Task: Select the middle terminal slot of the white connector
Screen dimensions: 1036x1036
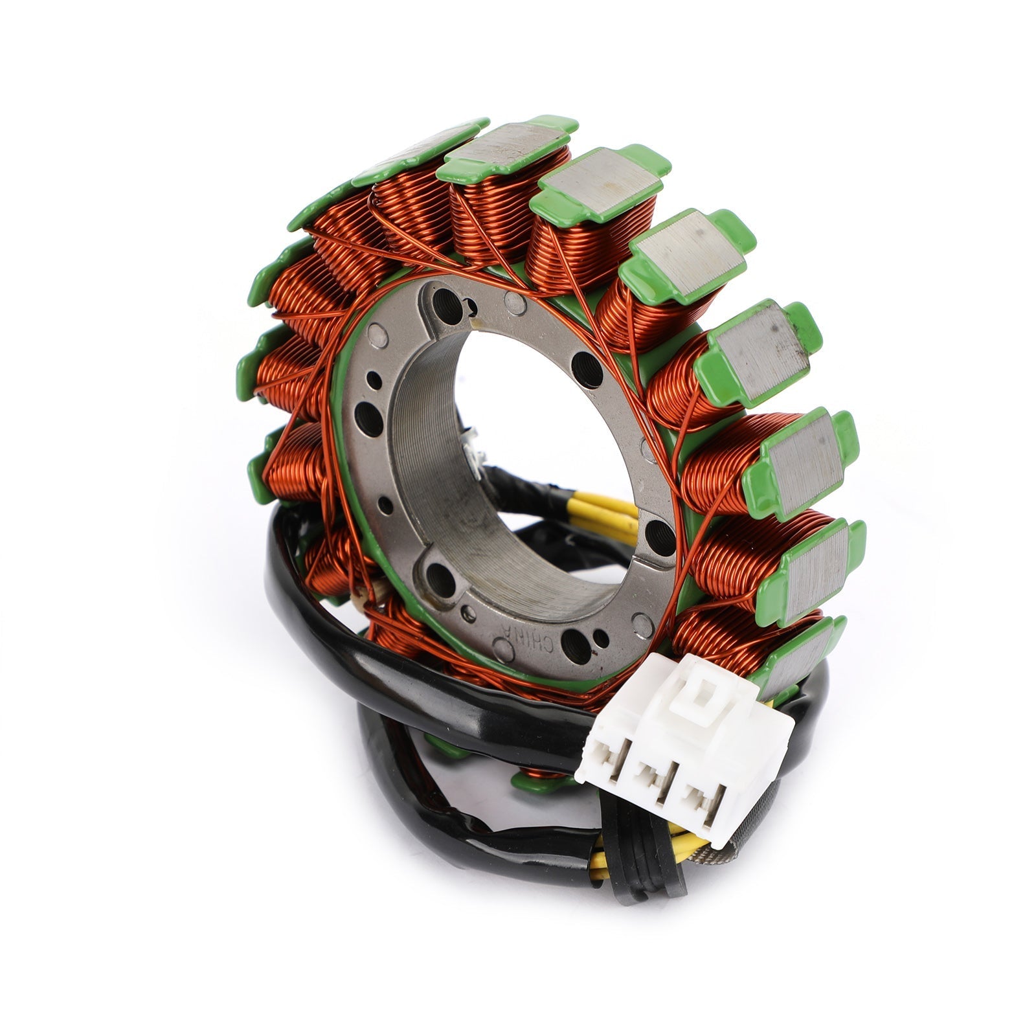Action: (655, 777)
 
